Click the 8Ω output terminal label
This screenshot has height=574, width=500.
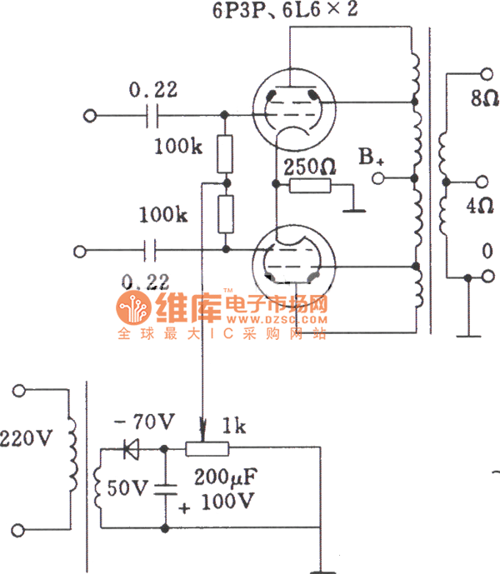pos(483,98)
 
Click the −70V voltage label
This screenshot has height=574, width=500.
pos(138,422)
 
